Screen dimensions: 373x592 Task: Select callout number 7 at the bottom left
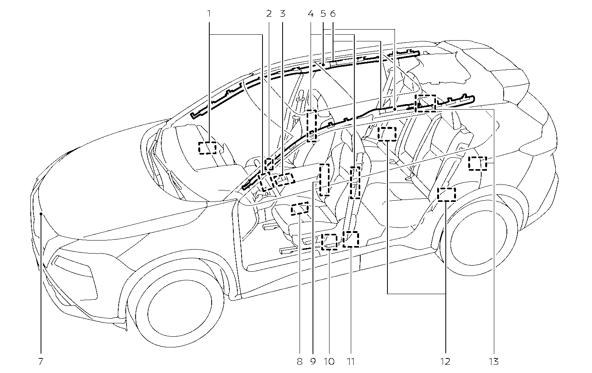(41, 361)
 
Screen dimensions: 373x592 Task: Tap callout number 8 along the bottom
(300, 361)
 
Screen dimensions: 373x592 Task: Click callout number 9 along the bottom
(313, 361)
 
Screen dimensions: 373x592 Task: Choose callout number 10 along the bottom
(329, 361)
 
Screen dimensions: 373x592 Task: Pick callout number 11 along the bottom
(351, 361)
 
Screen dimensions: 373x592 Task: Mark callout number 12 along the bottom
(446, 361)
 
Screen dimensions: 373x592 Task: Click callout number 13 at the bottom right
(494, 361)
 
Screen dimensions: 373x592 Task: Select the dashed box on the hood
(207, 148)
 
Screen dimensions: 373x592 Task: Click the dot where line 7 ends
(41, 214)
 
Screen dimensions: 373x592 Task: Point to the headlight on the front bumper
(75, 271)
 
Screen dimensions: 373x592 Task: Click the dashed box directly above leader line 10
(329, 241)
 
